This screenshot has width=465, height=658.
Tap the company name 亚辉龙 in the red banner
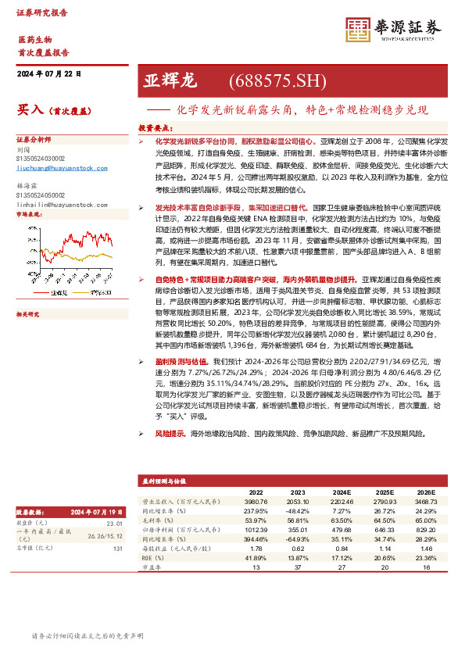tap(170, 81)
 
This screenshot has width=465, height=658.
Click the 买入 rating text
tap(30, 111)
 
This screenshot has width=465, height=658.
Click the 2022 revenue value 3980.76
tap(256, 502)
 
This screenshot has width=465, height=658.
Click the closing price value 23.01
tap(115, 523)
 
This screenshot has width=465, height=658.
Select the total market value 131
tap(118, 548)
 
